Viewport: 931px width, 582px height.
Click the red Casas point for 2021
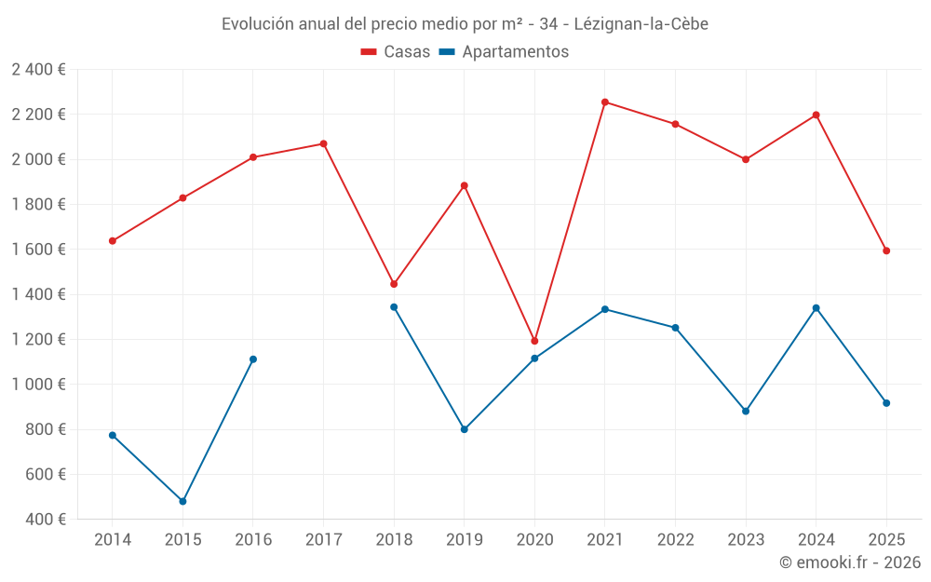pyautogui.click(x=605, y=102)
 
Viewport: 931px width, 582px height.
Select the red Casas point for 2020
pyautogui.click(x=534, y=341)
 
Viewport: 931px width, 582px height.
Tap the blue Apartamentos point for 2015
pyautogui.click(x=182, y=501)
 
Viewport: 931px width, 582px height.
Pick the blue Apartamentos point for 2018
pyautogui.click(x=394, y=307)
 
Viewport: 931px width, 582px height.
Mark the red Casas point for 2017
pyautogui.click(x=323, y=143)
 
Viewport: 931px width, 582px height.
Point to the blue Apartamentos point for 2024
pyautogui.click(x=816, y=308)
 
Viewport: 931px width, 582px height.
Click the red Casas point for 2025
pyautogui.click(x=886, y=250)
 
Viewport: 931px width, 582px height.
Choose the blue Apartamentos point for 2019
pyautogui.click(x=465, y=429)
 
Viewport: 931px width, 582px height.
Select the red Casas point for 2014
pyautogui.click(x=113, y=241)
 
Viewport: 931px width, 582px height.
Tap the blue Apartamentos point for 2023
pyautogui.click(x=746, y=411)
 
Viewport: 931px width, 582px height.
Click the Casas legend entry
pyautogui.click(x=396, y=52)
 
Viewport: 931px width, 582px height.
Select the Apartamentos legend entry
pyautogui.click(x=504, y=52)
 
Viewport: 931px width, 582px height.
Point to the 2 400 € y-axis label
pyautogui.click(x=38, y=70)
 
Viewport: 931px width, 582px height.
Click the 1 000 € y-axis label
pyautogui.click(x=38, y=385)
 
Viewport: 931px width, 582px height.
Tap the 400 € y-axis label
pyautogui.click(x=45, y=520)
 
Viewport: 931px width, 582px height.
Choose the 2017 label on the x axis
pyautogui.click(x=323, y=539)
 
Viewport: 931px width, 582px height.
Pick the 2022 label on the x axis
pyautogui.click(x=675, y=539)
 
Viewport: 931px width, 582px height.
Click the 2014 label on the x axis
pyautogui.click(x=113, y=539)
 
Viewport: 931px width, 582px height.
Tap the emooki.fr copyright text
pyautogui.click(x=850, y=562)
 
